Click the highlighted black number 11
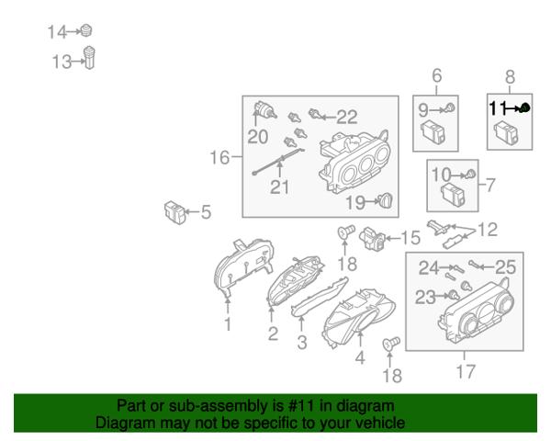[x=498, y=108]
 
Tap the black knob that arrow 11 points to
[x=524, y=108]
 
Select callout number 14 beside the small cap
[x=57, y=32]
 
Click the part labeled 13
[x=90, y=57]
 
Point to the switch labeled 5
[x=174, y=212]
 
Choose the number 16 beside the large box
[x=220, y=157]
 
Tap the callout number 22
[x=347, y=117]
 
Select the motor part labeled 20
[x=264, y=109]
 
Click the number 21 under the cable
[x=280, y=187]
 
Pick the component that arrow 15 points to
[x=372, y=239]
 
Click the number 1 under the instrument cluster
[x=228, y=324]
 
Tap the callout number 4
[x=360, y=358]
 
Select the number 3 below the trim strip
[x=302, y=342]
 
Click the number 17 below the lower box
[x=466, y=371]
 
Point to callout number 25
[x=505, y=267]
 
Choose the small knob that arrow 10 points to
[x=470, y=174]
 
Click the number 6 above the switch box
[x=437, y=75]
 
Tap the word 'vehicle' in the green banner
[x=379, y=422]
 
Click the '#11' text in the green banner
[x=301, y=406]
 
